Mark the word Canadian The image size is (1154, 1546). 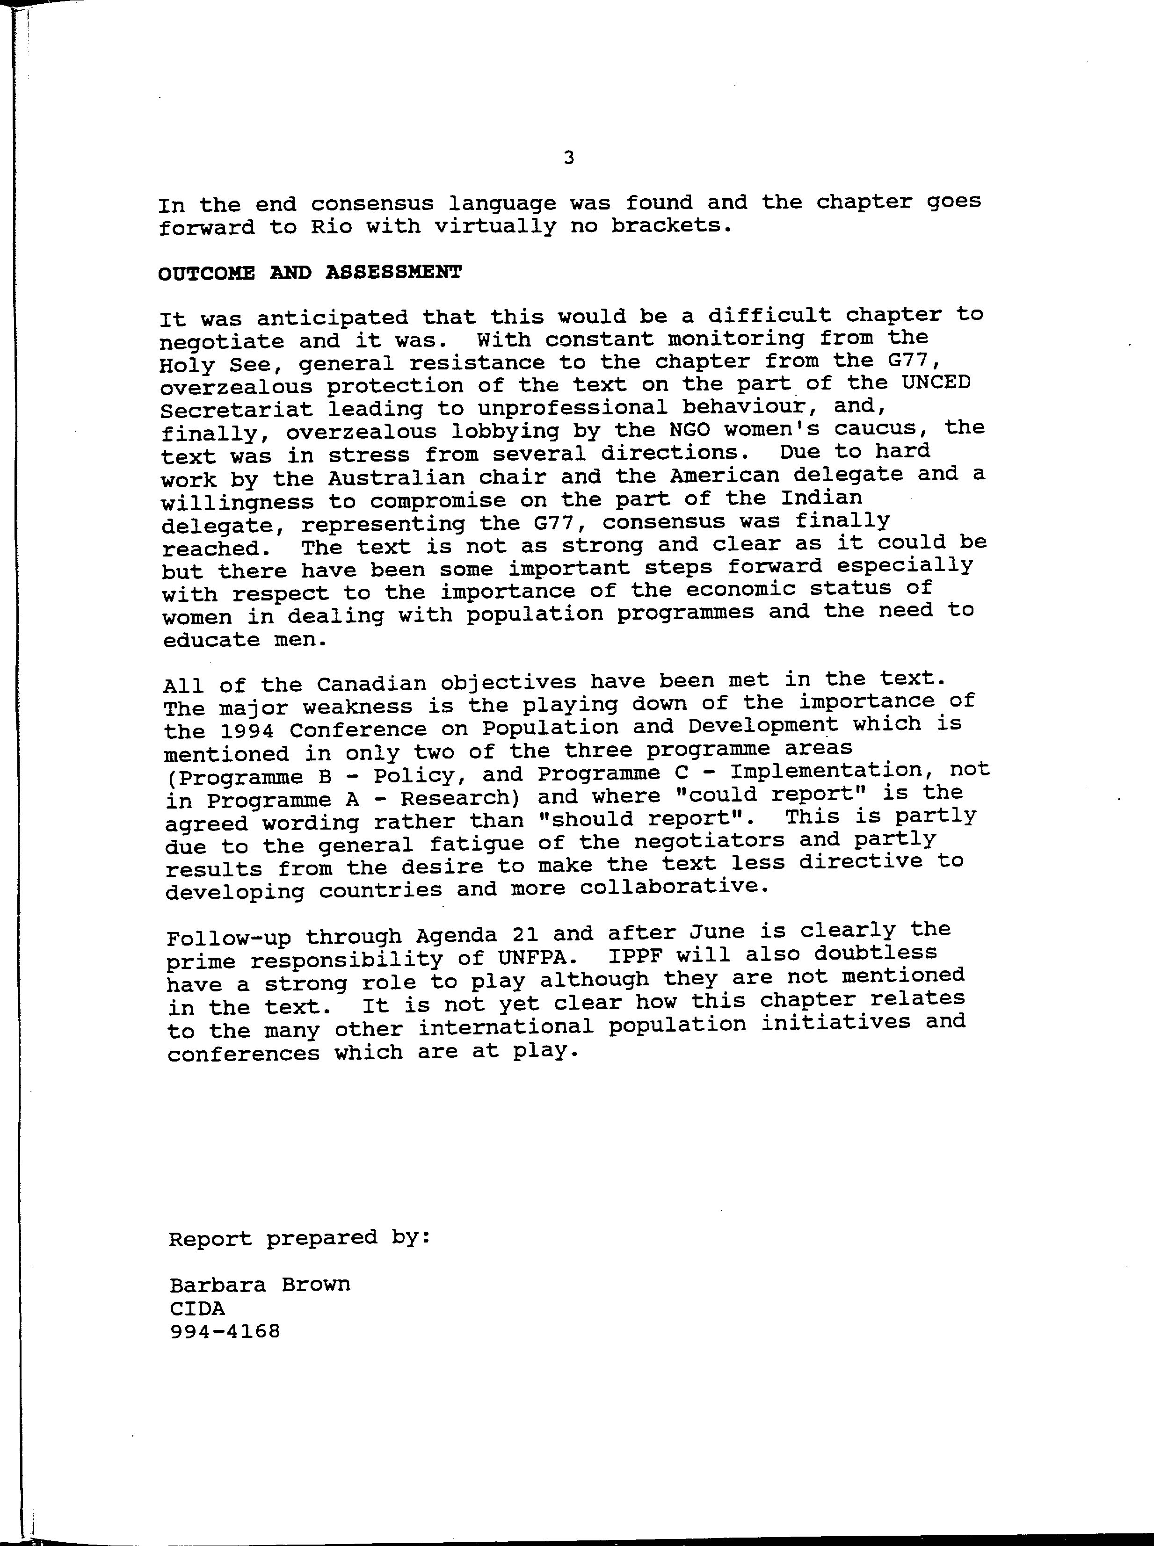(x=371, y=683)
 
